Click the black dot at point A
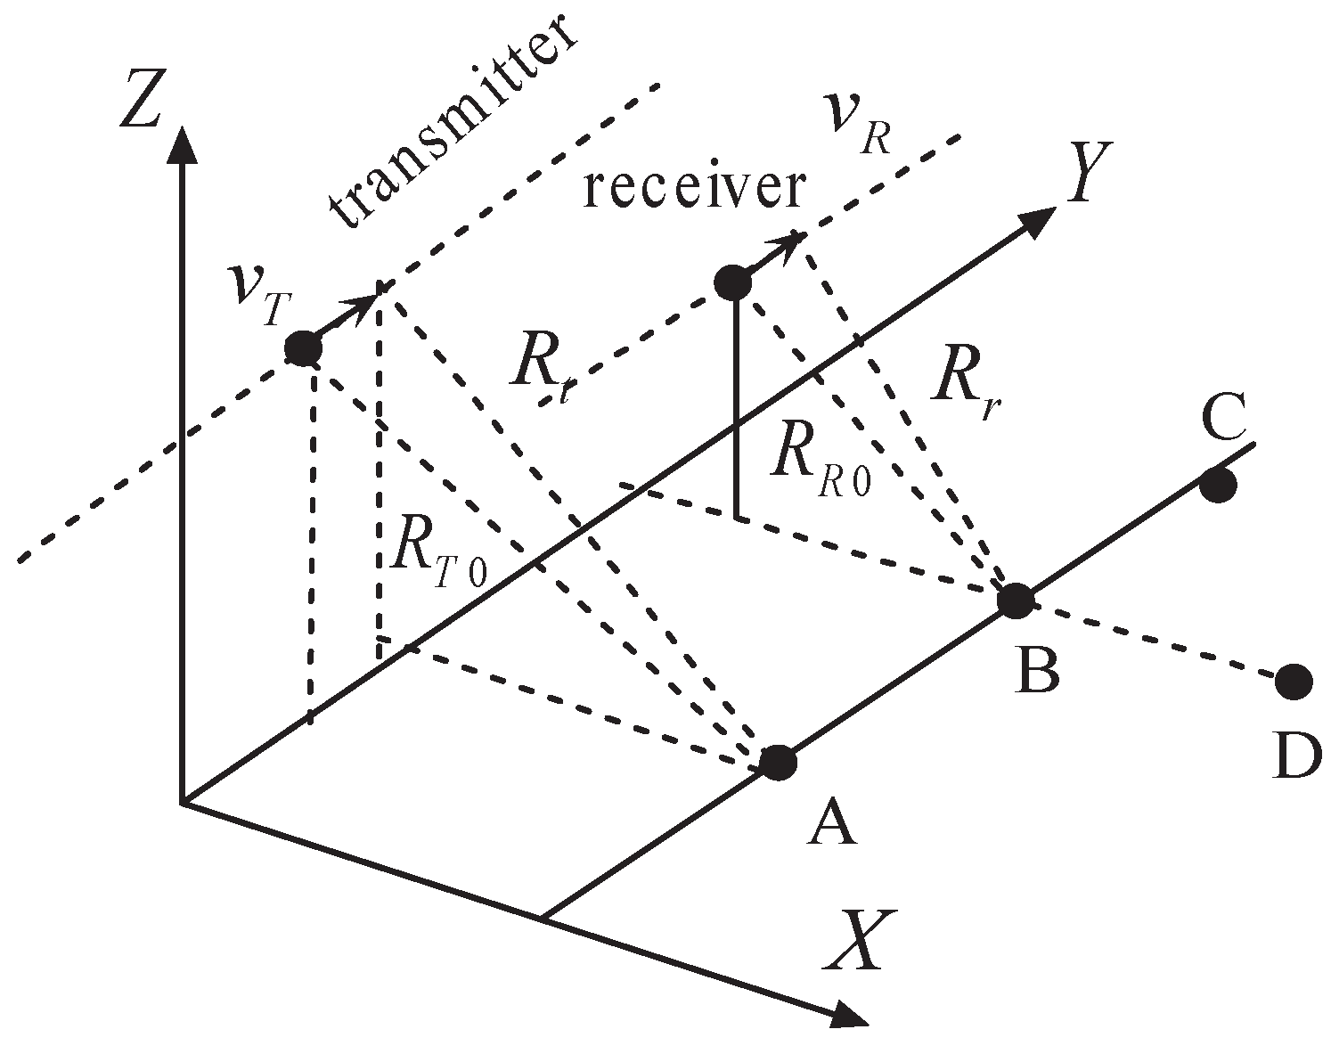pyautogui.click(x=778, y=762)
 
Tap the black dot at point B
pyautogui.click(x=1015, y=601)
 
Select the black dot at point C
pyautogui.click(x=1218, y=486)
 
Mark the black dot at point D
pyautogui.click(x=1293, y=682)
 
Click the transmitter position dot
pyautogui.click(x=303, y=347)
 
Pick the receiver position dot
pyautogui.click(x=732, y=283)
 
